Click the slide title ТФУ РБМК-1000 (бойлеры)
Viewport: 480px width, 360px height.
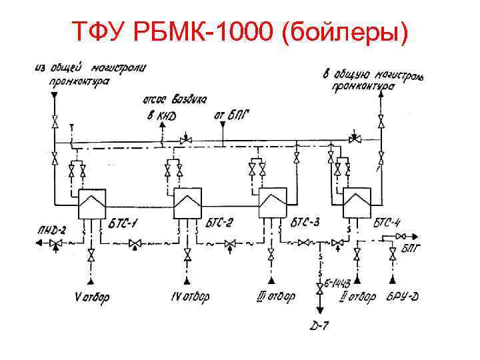239,31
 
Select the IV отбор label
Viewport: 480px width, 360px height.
189,296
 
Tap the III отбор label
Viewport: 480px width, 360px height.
275,297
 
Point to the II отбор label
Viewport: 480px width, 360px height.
357,296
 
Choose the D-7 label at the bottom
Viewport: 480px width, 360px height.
321,326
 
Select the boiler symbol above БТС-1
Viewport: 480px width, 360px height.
91,203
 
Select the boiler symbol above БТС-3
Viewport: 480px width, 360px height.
273,203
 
